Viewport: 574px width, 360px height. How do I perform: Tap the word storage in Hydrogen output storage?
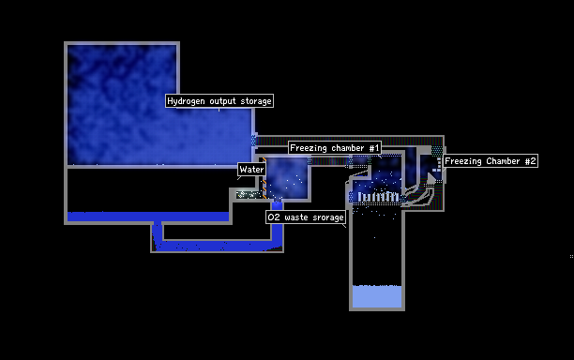point(256,101)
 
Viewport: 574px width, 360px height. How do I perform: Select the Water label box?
point(252,170)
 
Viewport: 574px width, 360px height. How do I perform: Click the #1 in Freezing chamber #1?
point(374,148)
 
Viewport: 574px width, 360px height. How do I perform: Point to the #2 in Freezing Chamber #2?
point(531,161)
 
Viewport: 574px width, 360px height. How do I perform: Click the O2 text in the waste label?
point(274,217)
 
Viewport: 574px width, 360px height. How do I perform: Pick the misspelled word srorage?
point(328,217)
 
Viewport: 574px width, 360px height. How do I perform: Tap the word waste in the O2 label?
point(296,217)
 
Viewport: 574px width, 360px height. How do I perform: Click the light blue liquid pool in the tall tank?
point(377,296)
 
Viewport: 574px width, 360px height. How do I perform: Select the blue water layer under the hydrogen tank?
point(148,217)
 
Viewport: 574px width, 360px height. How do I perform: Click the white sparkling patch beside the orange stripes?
point(249,195)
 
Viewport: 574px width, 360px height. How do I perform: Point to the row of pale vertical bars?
point(378,197)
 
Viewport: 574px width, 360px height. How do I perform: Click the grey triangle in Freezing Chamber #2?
point(431,178)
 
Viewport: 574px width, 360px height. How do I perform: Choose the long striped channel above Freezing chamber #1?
point(350,141)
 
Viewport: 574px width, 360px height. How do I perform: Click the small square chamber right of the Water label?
point(288,178)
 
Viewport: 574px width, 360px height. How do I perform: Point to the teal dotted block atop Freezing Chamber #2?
point(437,150)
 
